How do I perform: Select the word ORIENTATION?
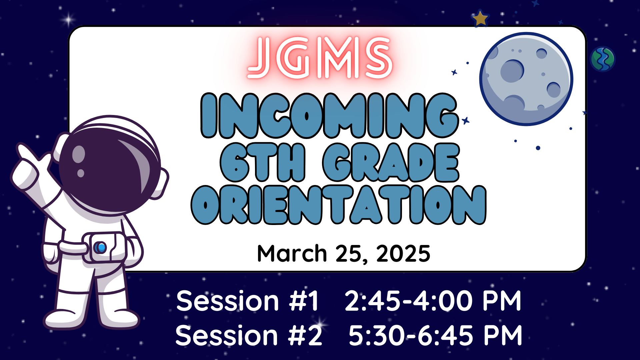[339, 205]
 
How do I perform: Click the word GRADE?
[391, 162]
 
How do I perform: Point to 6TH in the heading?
[263, 162]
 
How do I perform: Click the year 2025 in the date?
[403, 254]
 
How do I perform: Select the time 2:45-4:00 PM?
[433, 301]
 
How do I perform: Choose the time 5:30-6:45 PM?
[435, 335]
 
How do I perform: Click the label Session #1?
[248, 301]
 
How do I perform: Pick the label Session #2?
[249, 335]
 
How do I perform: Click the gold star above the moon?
[480, 18]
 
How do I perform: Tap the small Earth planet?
[602, 59]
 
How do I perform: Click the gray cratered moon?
[526, 79]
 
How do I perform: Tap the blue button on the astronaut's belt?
[100, 247]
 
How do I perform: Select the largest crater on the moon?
[512, 71]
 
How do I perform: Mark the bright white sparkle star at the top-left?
[69, 20]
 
